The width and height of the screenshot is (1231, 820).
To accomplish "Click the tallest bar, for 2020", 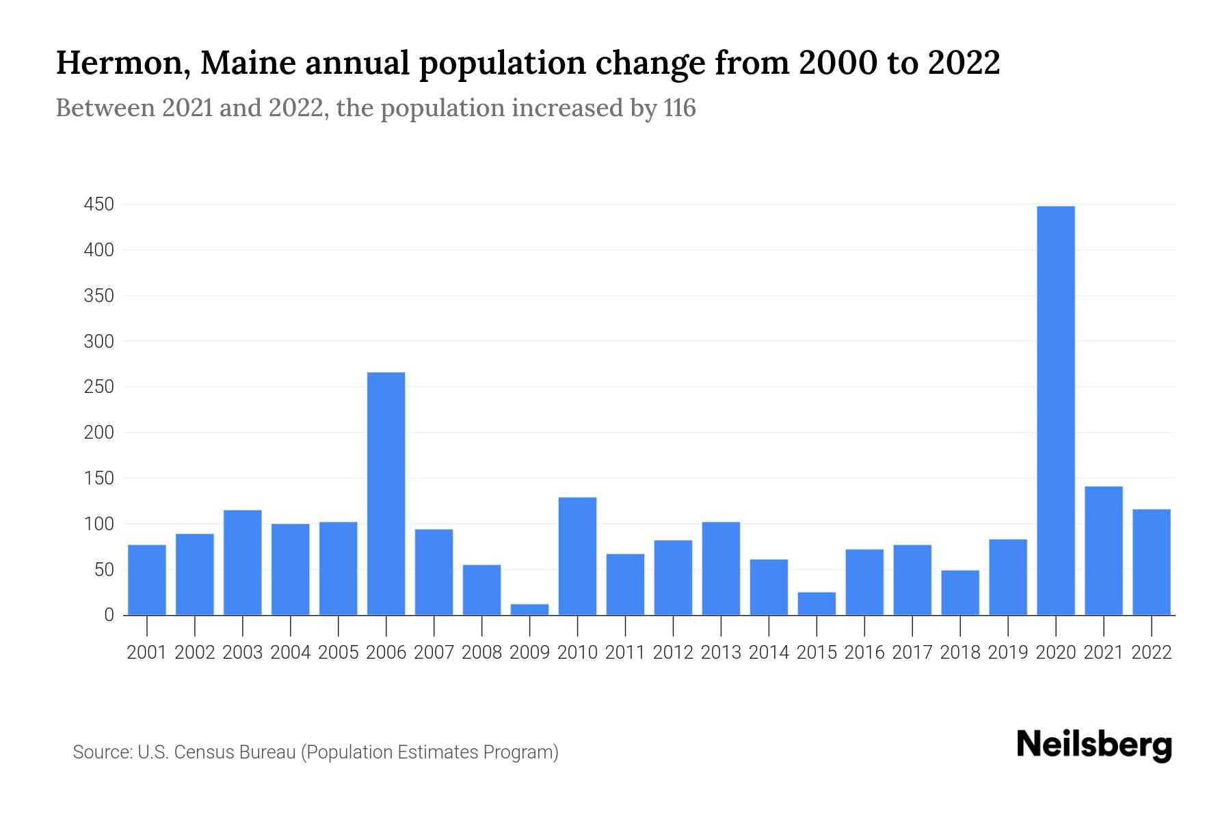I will point(1055,410).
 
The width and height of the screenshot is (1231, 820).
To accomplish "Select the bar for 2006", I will point(386,493).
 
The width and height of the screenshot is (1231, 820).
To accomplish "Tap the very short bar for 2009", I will point(529,610).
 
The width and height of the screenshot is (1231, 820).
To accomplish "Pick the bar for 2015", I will point(817,603).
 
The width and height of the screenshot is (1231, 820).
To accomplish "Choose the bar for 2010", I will point(577,556).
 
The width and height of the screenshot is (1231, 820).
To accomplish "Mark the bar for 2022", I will point(1151,562).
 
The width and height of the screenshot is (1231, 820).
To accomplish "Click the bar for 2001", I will point(147,579).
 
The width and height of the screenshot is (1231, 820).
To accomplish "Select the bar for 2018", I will point(959,592).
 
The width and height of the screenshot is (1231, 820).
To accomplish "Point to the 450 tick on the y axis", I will point(98,204).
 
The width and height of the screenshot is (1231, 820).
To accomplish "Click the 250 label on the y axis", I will point(98,387).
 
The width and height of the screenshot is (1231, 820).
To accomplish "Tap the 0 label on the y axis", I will point(109,615).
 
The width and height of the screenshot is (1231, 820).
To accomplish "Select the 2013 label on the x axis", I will point(721,653).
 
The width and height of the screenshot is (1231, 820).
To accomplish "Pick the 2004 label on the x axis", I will point(291,653).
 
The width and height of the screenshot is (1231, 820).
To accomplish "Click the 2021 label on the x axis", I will point(1103,653).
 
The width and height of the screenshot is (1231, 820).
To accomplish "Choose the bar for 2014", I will point(769,587).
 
